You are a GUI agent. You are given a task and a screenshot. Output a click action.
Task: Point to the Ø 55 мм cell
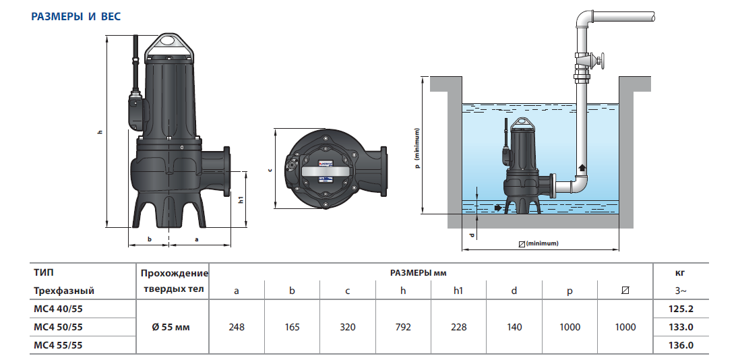pos(171,327)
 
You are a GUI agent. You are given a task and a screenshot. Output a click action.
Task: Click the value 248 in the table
pos(237,327)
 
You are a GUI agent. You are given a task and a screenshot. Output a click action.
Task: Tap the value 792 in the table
pos(403,327)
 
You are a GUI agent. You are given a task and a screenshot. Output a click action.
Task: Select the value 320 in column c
pos(348,327)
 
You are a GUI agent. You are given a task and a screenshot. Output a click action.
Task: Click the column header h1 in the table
pos(458,291)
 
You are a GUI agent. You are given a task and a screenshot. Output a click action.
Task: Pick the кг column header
pos(681,273)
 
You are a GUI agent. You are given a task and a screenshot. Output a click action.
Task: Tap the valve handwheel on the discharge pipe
pos(602,62)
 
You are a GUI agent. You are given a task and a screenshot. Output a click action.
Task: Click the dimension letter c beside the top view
pos(270,169)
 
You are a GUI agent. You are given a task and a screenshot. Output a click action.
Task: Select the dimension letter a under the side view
pos(196,239)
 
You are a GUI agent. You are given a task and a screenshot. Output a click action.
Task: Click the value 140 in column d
pos(514,327)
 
